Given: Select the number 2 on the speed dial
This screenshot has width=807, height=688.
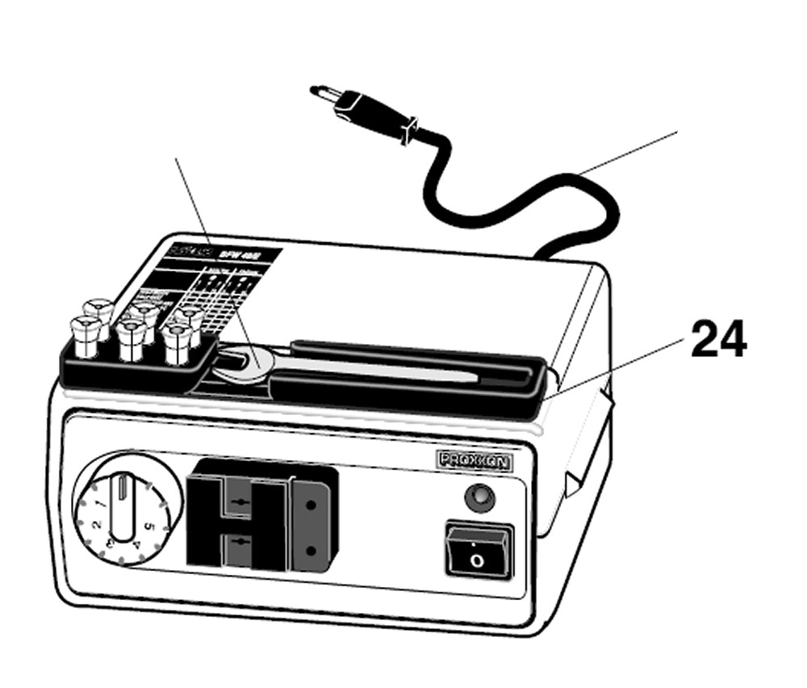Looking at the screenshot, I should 95,526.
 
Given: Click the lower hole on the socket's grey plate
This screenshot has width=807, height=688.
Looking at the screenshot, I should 311,552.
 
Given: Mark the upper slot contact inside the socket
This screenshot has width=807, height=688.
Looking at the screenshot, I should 239,502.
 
